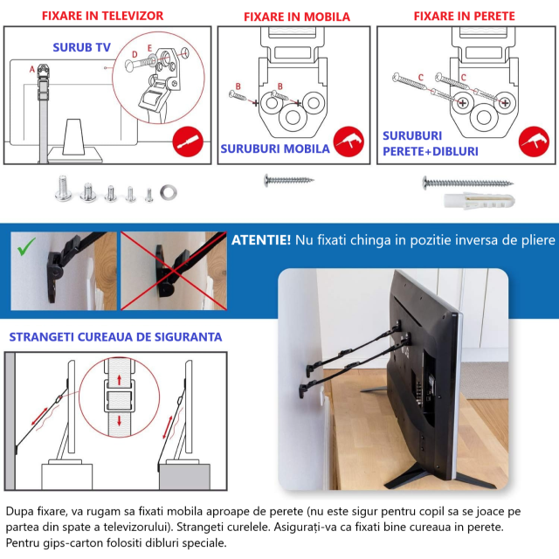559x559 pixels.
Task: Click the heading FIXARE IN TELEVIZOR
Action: [x=103, y=16]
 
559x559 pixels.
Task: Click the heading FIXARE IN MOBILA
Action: [x=297, y=17]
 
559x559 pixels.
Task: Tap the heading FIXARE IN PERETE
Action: [x=464, y=16]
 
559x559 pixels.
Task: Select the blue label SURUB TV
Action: [x=81, y=47]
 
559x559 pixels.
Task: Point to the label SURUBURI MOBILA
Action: [x=275, y=148]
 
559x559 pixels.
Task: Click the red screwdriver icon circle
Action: [x=188, y=141]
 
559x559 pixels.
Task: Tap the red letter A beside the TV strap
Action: [x=32, y=69]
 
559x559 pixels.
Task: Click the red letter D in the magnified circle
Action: [x=135, y=54]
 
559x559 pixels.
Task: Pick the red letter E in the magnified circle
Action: [x=149, y=48]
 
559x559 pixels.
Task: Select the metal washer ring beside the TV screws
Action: [x=169, y=192]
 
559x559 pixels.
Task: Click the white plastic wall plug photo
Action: [x=480, y=201]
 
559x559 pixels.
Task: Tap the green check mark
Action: [x=26, y=246]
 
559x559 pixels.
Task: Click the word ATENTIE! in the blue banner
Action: [x=261, y=240]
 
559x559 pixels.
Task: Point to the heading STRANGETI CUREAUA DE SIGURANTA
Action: [x=115, y=337]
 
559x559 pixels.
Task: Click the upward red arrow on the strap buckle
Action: [x=120, y=380]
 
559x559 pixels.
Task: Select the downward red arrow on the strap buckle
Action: [x=120, y=420]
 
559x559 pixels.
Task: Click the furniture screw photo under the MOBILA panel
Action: [x=289, y=181]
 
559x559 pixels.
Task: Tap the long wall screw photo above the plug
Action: [x=468, y=183]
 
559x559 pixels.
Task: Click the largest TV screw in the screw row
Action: [x=63, y=187]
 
